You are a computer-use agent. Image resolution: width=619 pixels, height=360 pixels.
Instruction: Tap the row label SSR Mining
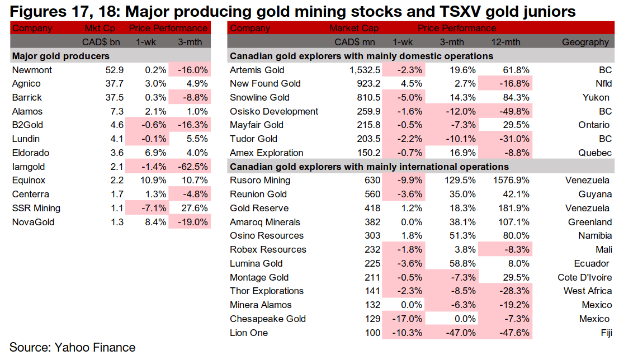36,208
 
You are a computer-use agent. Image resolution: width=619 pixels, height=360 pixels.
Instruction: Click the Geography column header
585,42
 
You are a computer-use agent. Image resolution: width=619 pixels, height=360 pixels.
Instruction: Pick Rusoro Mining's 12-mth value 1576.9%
507,181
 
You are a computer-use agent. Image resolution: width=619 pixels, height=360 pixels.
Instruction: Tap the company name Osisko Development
274,111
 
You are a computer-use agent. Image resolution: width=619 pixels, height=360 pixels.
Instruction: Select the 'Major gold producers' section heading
61,56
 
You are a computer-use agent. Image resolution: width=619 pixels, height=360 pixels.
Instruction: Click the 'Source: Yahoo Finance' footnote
72,347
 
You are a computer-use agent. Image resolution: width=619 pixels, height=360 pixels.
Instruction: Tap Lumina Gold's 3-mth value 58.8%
461,263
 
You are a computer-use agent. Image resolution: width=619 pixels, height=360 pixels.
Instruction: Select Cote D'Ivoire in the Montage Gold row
583,277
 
